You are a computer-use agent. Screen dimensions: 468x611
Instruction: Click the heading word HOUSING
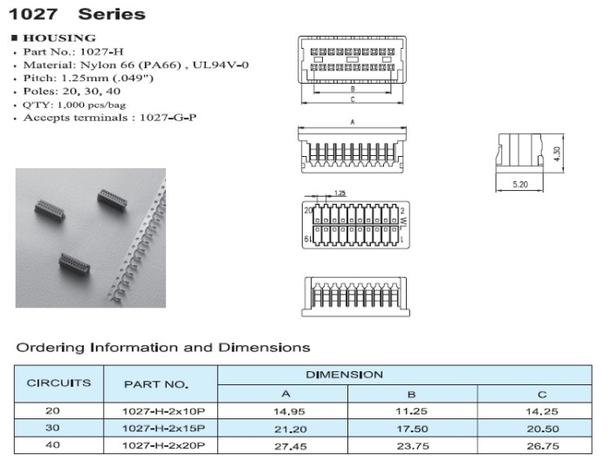[x=59, y=38]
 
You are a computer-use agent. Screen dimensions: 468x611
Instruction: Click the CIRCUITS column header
[x=58, y=383]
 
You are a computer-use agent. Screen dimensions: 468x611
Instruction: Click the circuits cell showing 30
[x=58, y=428]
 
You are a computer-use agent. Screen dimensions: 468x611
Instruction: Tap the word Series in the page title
[x=112, y=14]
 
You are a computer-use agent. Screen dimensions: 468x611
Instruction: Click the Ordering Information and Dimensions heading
[x=163, y=347]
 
